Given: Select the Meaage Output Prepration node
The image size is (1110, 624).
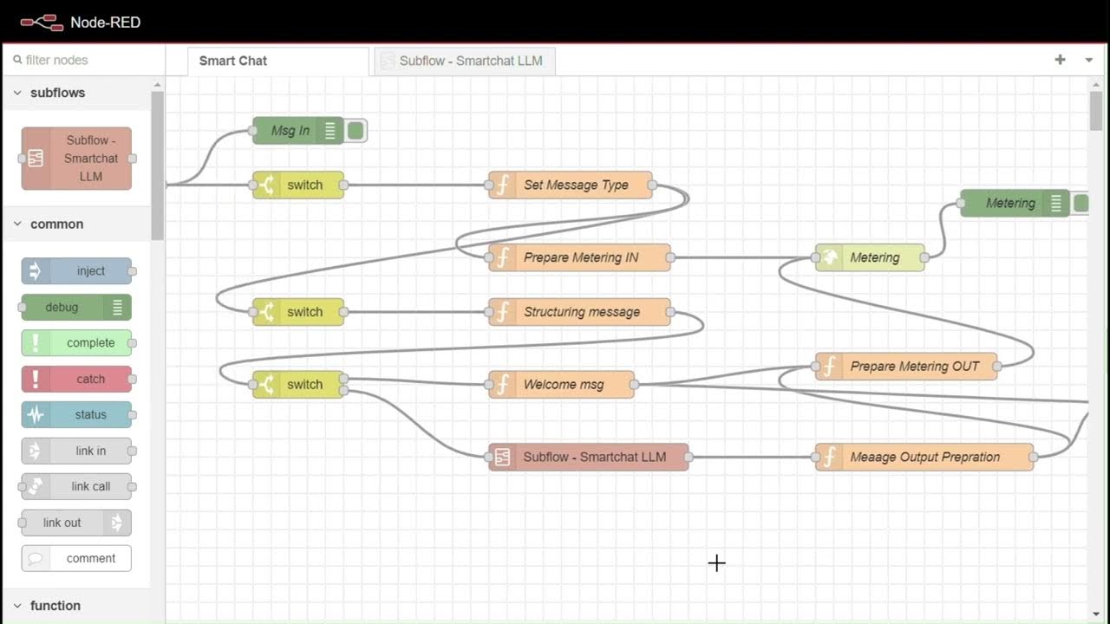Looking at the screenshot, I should [x=924, y=457].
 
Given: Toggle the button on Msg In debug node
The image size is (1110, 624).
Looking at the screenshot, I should [x=356, y=131].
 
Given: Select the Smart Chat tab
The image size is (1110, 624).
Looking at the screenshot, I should [x=233, y=61].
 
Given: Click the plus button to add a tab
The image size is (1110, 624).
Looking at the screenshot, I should [x=1060, y=60].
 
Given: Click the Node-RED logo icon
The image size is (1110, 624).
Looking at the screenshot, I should [x=42, y=22].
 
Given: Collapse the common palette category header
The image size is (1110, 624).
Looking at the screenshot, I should [x=56, y=224].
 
